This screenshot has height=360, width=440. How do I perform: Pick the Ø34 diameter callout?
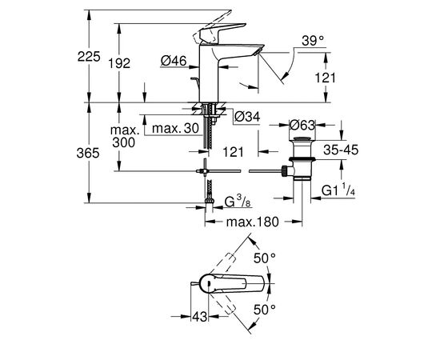[x=247, y=118]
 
